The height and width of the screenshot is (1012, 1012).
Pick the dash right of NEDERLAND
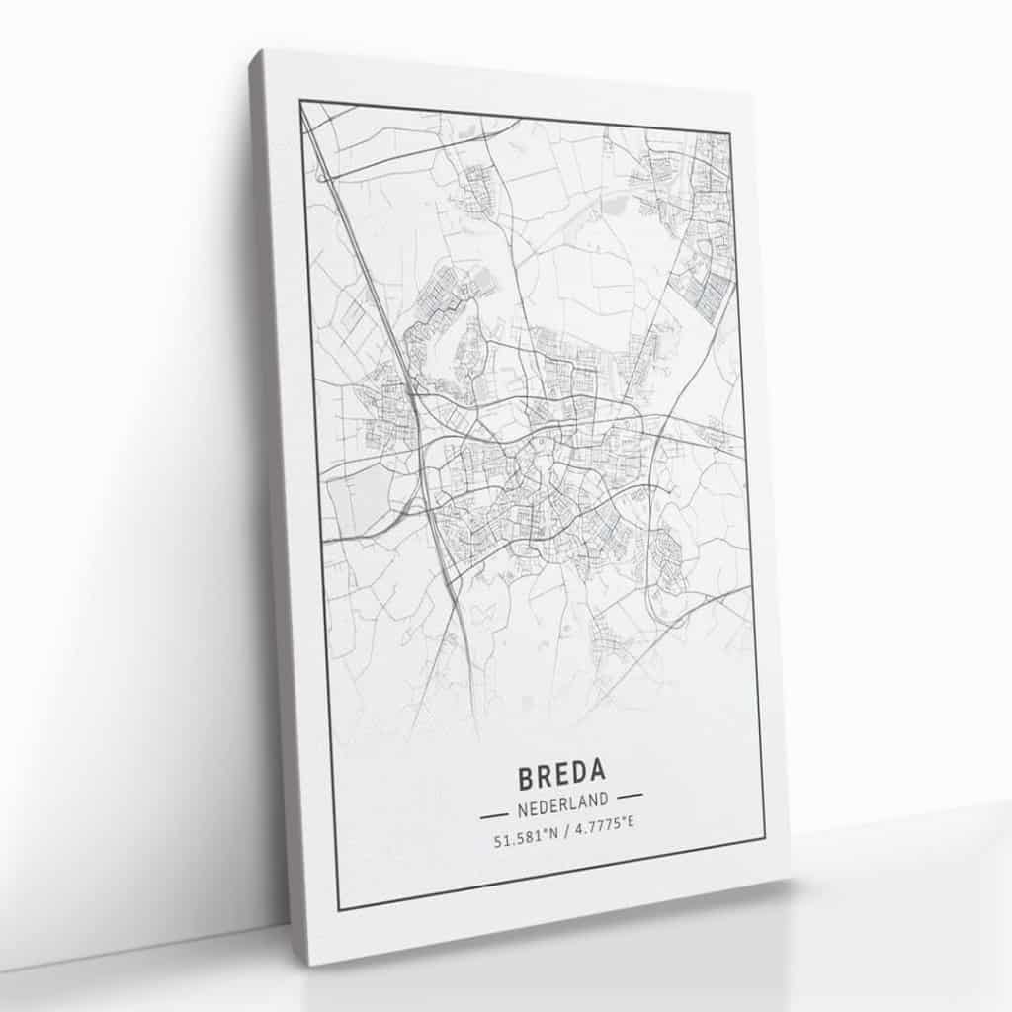[x=629, y=794]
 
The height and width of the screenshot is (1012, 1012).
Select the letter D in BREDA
[x=579, y=769]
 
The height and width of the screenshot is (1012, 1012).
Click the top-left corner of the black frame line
[x=300, y=101]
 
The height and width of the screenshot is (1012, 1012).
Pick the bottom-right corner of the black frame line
[x=765, y=836]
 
